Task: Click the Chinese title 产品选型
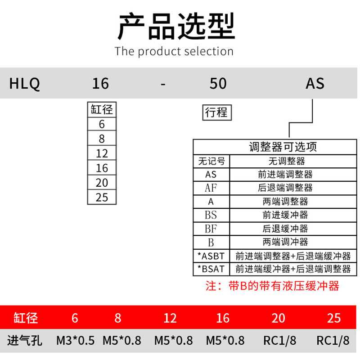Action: (176, 26)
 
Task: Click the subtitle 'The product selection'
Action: (174, 51)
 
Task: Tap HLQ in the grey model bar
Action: (25, 84)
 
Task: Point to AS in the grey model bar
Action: (315, 84)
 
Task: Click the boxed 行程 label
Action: (216, 112)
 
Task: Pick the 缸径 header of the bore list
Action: (102, 109)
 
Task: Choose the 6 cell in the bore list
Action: (102, 124)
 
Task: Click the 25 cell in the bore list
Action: (102, 197)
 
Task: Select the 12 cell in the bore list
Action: (102, 153)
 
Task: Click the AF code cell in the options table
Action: (211, 188)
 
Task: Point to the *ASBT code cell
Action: (211, 256)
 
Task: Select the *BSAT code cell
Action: (211, 269)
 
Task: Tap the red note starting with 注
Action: (272, 286)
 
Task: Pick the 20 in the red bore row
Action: (278, 318)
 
